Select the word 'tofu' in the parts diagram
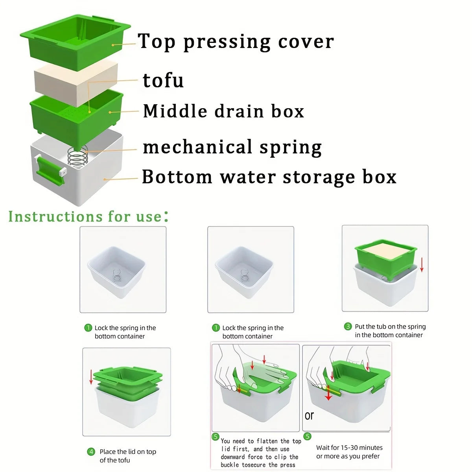(163, 80)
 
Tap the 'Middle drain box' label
(223, 111)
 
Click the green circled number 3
(348, 326)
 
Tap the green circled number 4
(91, 452)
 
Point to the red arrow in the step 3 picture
(422, 264)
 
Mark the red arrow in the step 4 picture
(91, 377)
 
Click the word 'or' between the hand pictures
(309, 416)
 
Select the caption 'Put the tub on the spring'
(390, 326)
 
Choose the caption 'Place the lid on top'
(128, 452)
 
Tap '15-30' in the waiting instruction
(350, 448)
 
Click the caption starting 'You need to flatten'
(261, 441)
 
